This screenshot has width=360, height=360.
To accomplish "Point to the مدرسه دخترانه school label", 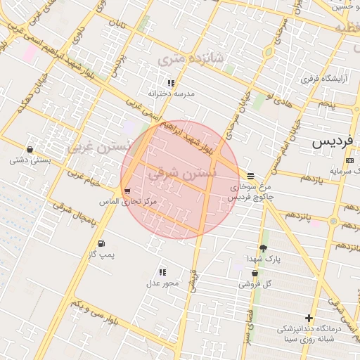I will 171,93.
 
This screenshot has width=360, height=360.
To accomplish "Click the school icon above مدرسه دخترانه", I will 171,83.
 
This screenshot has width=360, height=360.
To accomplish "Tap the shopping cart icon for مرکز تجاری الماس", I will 127,191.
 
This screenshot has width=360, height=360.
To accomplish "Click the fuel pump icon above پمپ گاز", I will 102,243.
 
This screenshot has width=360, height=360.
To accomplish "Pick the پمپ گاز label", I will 102,254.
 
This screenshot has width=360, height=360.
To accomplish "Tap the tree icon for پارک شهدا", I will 263,248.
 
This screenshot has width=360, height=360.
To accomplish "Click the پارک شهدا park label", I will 263,259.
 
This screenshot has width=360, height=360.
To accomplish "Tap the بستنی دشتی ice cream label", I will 30,160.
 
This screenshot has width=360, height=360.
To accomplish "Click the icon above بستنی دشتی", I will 30,149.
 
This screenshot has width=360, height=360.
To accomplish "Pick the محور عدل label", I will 162,283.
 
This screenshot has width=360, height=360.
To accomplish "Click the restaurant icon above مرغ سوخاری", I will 251,176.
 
